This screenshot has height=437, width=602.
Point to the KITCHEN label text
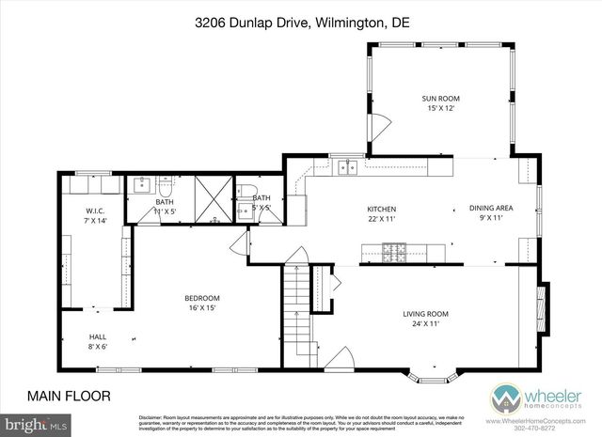tap(381, 209)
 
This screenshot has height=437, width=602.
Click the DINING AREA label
tap(491, 209)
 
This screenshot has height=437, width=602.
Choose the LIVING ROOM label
tap(425, 314)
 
